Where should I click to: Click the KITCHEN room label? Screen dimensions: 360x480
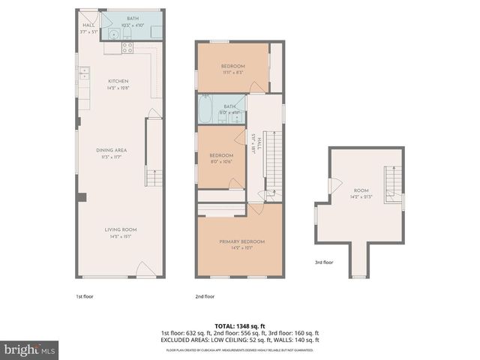(118, 81)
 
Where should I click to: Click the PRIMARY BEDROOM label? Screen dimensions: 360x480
(241, 241)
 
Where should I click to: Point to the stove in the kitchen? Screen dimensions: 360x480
(127, 47)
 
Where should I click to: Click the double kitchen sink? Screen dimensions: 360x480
(82, 74)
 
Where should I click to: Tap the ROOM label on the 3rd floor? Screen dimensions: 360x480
(361, 191)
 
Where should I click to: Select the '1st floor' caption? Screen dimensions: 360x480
(84, 295)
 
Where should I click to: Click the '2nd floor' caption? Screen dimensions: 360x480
(204, 295)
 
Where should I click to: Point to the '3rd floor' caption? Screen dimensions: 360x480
(324, 262)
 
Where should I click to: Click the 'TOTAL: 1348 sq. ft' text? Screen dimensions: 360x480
(240, 326)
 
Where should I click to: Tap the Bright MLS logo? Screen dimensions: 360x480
(30, 349)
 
